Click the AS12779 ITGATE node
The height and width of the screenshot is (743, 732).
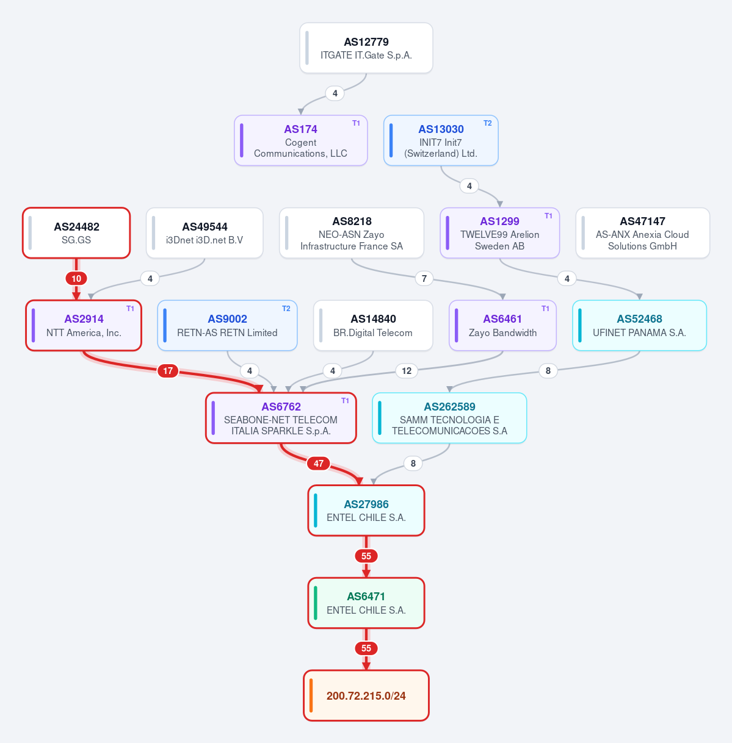(x=366, y=48)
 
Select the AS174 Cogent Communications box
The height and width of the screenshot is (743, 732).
(x=301, y=140)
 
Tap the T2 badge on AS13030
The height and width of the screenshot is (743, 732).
(x=488, y=123)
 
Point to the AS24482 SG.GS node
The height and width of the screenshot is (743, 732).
(x=76, y=233)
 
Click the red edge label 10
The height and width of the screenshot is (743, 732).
(x=76, y=278)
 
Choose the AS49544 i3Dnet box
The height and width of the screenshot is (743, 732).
(x=205, y=233)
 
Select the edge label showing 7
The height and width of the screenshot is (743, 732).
(x=424, y=278)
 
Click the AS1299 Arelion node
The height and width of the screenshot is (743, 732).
(x=499, y=233)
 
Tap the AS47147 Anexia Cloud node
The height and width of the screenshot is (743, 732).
(x=642, y=233)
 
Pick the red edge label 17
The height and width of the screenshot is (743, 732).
(x=167, y=371)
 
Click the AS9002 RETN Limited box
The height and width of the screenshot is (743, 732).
(x=227, y=325)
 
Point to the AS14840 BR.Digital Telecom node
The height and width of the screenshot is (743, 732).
(x=373, y=325)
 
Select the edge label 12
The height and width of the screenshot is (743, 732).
(x=407, y=371)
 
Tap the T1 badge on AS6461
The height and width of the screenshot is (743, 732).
(x=545, y=309)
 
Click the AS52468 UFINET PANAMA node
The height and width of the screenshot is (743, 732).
(x=639, y=325)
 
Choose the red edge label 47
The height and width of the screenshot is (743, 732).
(x=319, y=464)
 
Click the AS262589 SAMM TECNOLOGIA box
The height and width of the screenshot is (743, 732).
(x=449, y=418)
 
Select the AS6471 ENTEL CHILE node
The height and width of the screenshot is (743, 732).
(x=366, y=603)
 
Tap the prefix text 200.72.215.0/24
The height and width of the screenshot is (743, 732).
(x=366, y=696)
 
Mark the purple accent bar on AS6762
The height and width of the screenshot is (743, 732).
(x=214, y=418)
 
